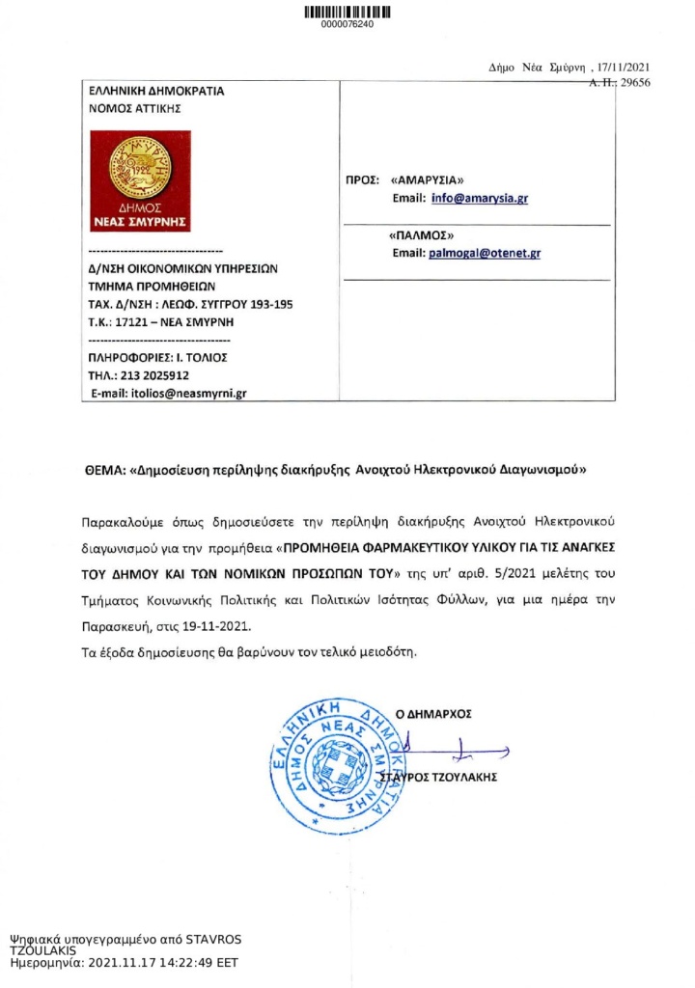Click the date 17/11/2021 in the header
[625, 68]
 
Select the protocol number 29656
[634, 83]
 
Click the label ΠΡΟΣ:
[361, 179]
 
